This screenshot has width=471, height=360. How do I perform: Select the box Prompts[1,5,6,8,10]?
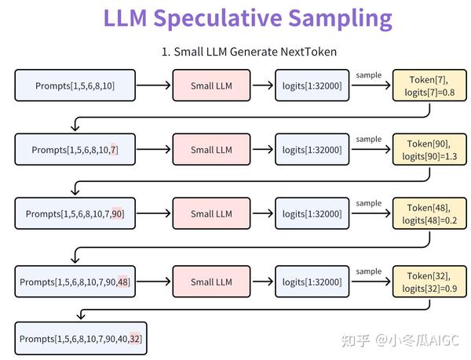[x=75, y=85]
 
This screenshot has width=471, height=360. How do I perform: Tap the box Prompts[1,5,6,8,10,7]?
[x=75, y=150]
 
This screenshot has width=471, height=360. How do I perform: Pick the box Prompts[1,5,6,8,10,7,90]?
[x=75, y=214]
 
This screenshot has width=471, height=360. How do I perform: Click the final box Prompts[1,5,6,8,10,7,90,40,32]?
[x=82, y=339]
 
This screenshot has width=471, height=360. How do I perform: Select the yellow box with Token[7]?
[x=425, y=85]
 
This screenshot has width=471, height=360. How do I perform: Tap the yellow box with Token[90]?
[x=425, y=150]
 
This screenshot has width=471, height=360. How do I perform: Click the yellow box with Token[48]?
[x=425, y=214]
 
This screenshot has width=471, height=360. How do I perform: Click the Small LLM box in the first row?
[x=212, y=85]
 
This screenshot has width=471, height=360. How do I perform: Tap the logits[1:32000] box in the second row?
[x=312, y=150]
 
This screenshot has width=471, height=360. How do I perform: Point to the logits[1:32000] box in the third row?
[x=312, y=214]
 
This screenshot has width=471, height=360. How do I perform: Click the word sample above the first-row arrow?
[x=368, y=75]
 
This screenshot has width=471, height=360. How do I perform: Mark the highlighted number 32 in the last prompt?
[x=135, y=339]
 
